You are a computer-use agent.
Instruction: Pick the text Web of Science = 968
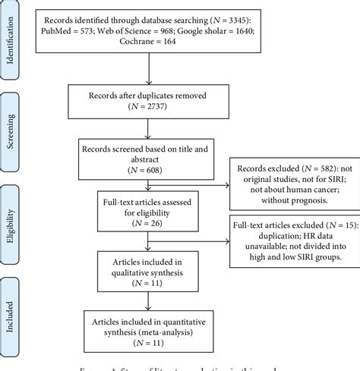[156, 30]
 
